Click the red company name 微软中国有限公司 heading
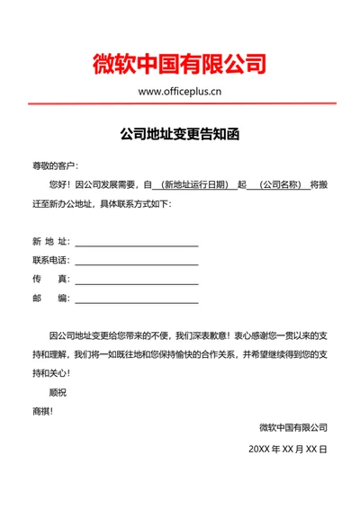click(179, 64)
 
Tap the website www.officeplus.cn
click(180, 91)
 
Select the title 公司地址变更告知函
click(180, 135)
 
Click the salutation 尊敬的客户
click(55, 165)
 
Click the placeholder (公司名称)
click(279, 185)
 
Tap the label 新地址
click(50, 241)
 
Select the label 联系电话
click(50, 260)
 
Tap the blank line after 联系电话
click(136, 263)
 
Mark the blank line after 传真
click(136, 282)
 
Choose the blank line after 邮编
click(136, 301)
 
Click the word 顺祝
click(58, 392)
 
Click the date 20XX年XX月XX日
click(288, 447)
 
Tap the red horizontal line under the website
click(180, 105)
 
